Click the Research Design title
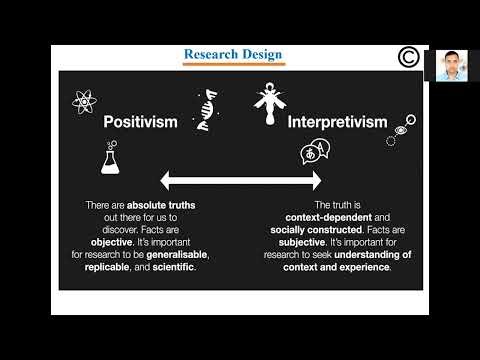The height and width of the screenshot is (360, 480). [234, 53]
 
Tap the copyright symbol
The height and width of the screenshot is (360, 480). [408, 58]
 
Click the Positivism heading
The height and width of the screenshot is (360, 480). [141, 122]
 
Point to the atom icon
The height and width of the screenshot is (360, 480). [84, 100]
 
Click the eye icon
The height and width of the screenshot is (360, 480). [401, 130]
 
